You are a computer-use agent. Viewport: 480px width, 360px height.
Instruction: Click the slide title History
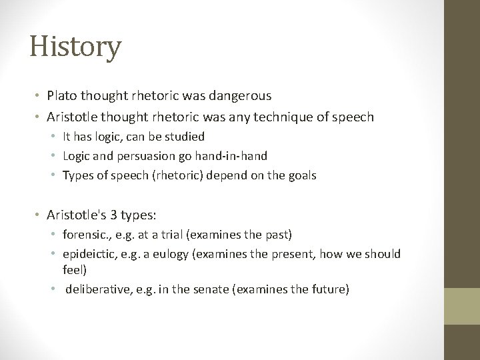[x=75, y=47]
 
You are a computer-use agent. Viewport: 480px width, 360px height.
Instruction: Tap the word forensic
[x=84, y=235]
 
